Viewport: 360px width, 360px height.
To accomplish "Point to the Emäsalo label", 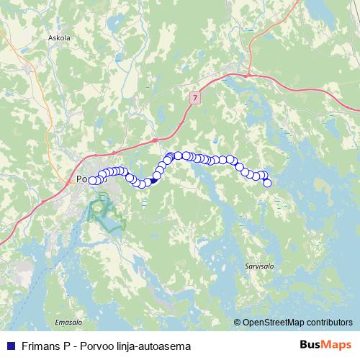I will [x=66, y=322].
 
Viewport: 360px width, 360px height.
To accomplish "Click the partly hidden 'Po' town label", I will [x=81, y=180].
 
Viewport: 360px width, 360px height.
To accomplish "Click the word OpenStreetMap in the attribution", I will [x=276, y=323].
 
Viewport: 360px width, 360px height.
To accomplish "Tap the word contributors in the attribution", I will [x=330, y=323].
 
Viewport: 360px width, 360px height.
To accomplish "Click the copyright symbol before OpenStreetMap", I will [x=238, y=323].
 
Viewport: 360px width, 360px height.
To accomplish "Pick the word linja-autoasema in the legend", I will [x=156, y=346].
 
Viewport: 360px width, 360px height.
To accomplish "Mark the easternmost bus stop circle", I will [x=267, y=183].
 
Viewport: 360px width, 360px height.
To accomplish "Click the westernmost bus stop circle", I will [x=92, y=180].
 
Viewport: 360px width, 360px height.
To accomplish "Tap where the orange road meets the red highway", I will [x=155, y=139].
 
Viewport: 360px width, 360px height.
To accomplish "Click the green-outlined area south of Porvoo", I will [x=101, y=212].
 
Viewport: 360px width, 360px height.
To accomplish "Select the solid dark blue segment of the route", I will [x=154, y=181].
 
